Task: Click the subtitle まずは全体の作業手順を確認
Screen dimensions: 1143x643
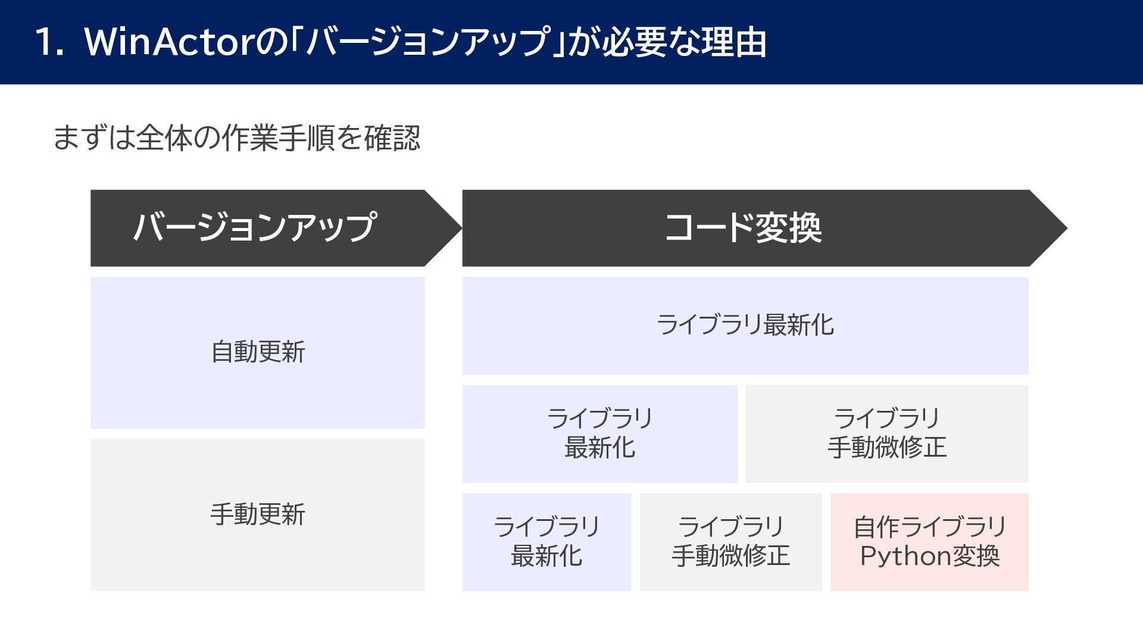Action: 237,138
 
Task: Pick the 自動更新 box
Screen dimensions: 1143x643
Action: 258,352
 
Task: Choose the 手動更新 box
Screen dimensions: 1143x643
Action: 258,515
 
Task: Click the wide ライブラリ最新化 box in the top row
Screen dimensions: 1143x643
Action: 745,326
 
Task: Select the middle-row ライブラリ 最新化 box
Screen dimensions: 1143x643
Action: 599,433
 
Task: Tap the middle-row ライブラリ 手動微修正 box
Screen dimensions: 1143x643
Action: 887,433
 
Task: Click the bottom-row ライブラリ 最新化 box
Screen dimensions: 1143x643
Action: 546,542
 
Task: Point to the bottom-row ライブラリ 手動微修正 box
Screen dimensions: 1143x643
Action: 731,542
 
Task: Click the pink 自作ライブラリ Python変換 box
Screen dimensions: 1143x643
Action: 929,542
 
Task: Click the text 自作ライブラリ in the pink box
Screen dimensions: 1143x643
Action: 930,527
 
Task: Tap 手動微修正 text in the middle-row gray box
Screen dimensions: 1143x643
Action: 887,448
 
